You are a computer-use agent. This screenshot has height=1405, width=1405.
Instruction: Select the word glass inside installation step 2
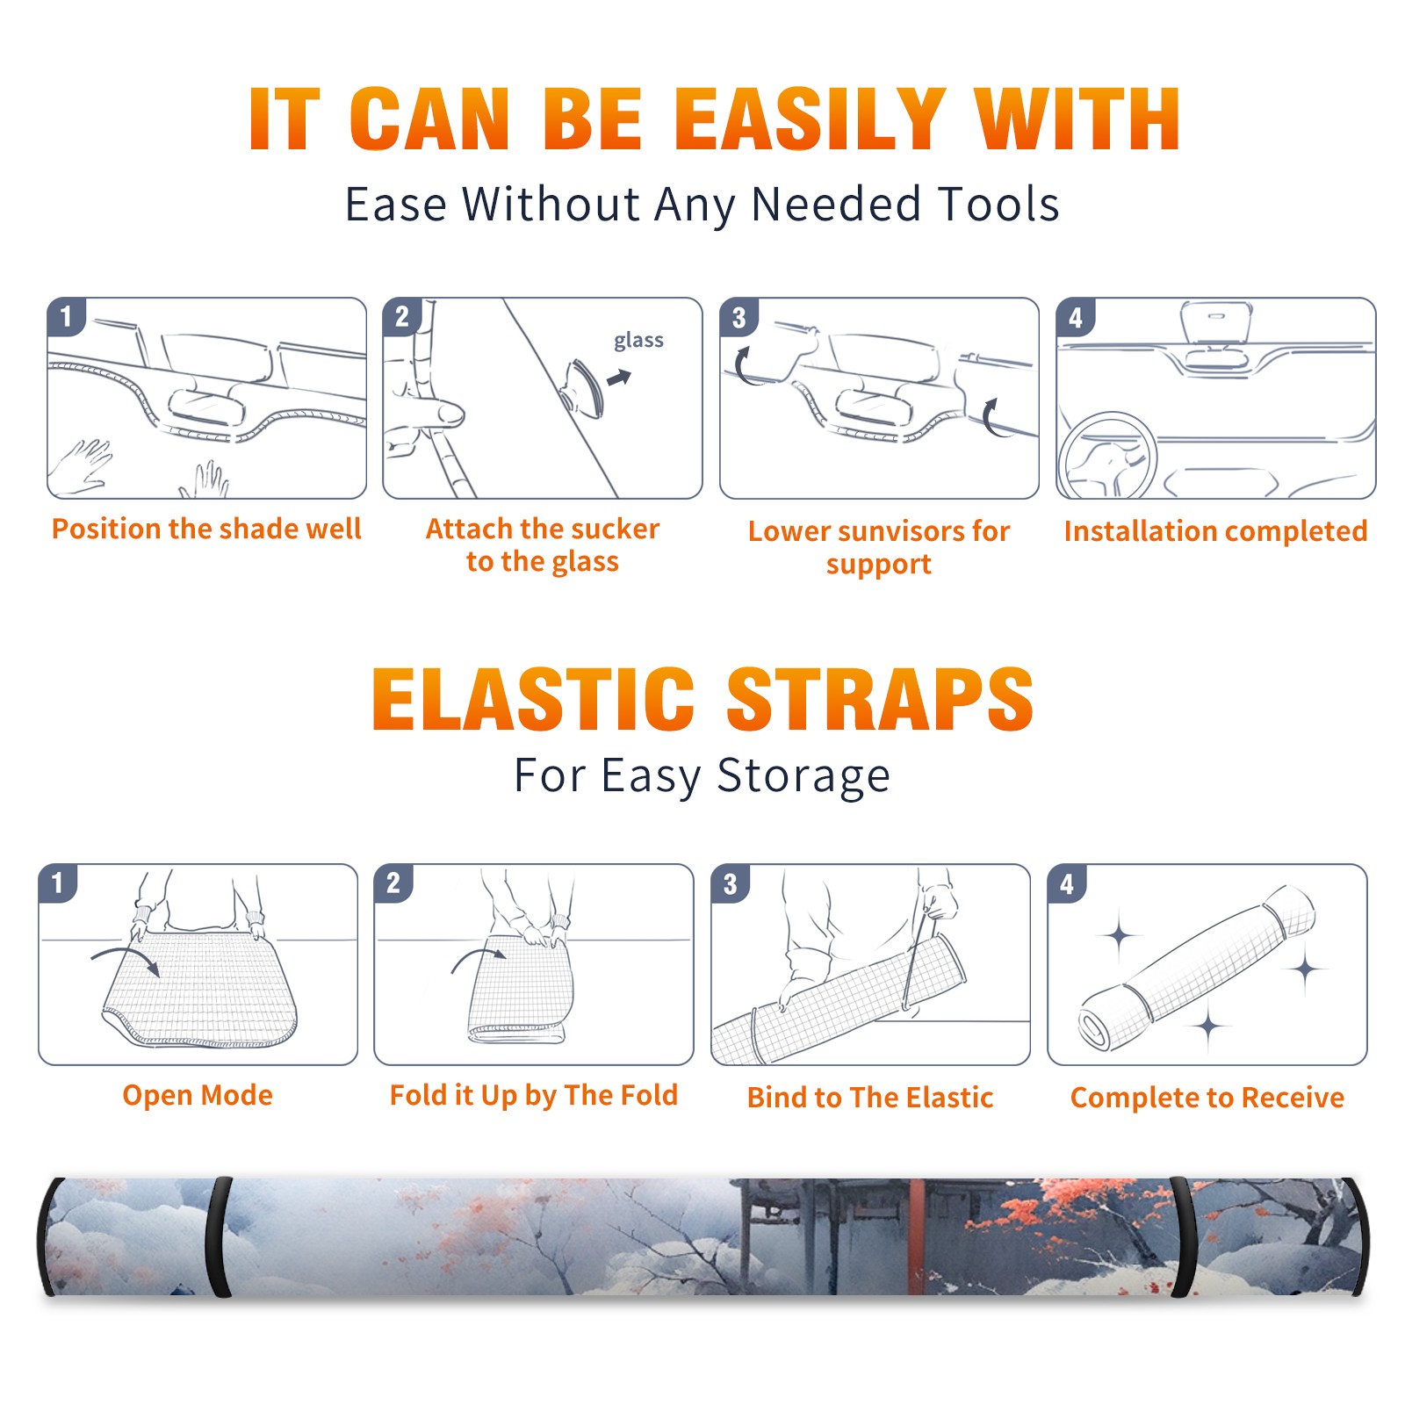638,341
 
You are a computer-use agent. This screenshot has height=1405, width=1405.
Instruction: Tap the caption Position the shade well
206,529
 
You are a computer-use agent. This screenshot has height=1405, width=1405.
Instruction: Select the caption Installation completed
1215,531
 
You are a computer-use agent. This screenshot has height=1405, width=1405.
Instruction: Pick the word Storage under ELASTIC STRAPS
803,777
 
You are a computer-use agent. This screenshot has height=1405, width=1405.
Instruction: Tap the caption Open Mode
198,1095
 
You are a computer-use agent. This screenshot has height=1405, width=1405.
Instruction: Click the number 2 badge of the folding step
393,883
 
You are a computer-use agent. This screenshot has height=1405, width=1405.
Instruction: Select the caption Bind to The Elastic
870,1098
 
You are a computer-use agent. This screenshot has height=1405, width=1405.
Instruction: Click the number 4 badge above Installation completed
1076,317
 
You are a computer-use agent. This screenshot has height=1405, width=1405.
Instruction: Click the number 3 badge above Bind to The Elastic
730,883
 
